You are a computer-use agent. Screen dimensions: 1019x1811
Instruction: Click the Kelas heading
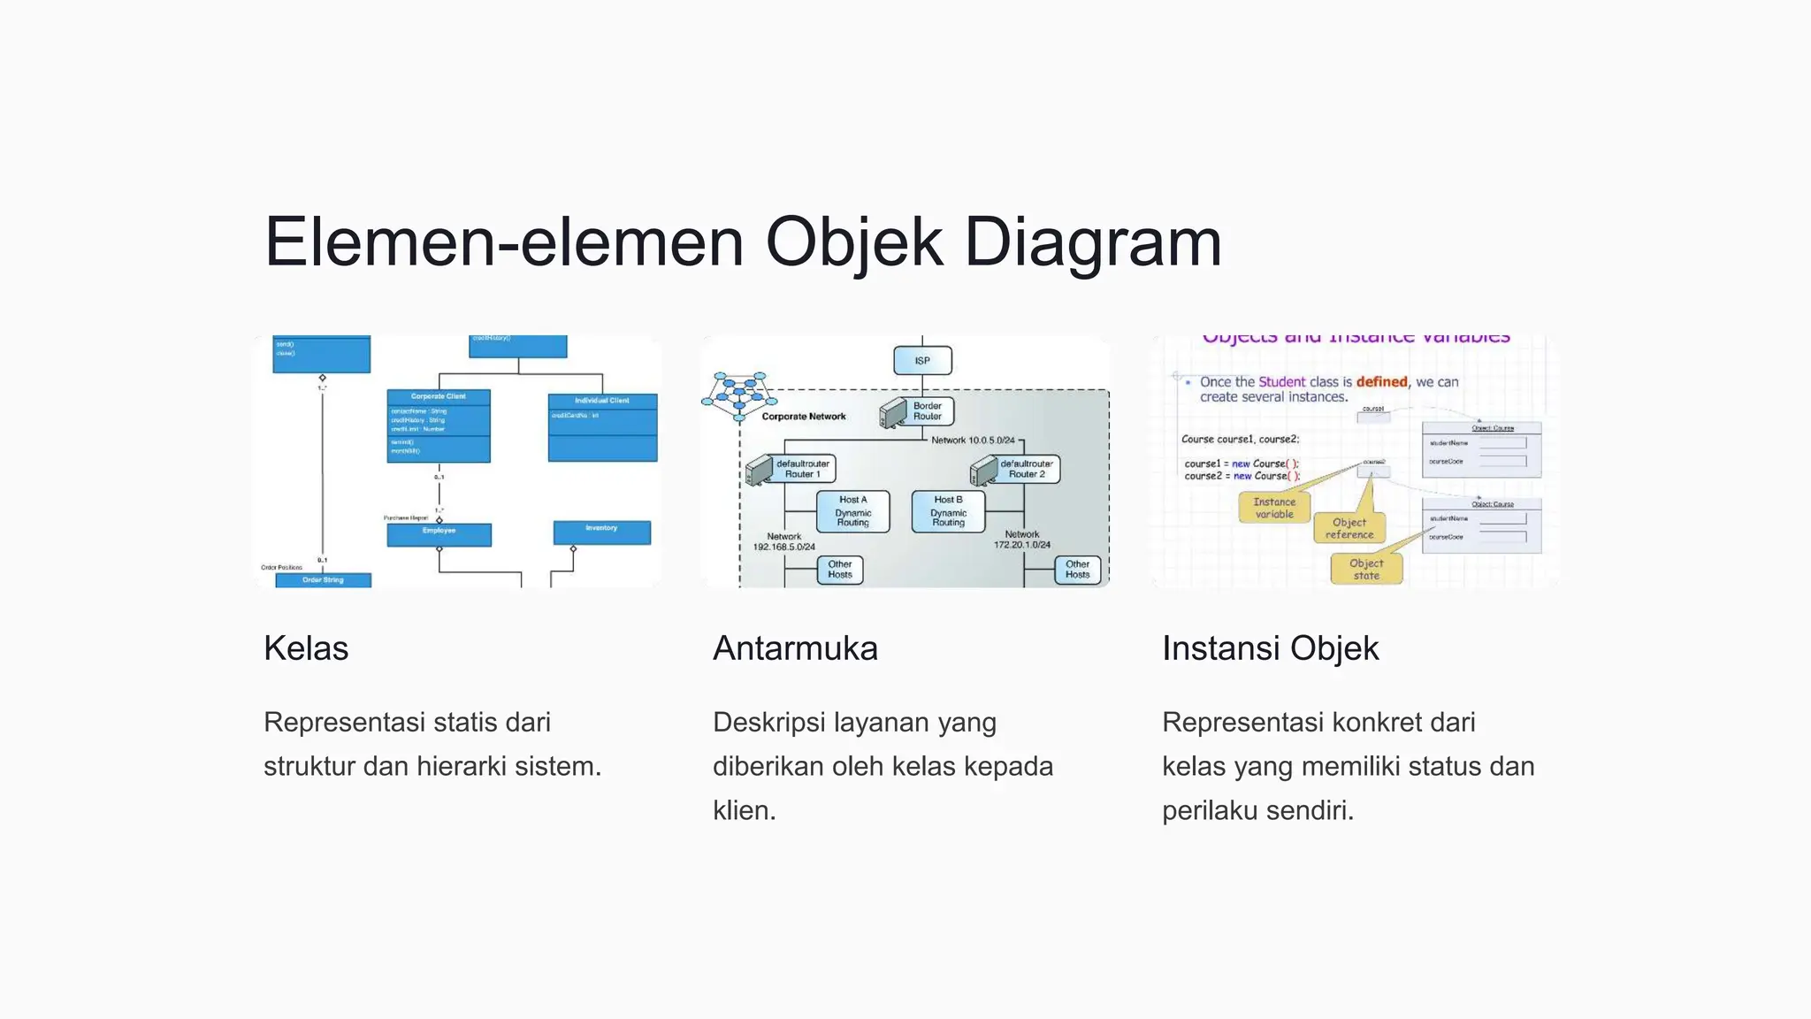tap(306, 648)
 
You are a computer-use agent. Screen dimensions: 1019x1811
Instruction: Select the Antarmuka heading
tap(795, 648)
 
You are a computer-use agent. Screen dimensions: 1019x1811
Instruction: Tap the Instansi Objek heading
tap(1270, 648)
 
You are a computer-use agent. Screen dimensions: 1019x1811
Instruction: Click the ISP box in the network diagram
tap(922, 361)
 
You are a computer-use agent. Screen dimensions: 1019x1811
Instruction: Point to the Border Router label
tap(927, 411)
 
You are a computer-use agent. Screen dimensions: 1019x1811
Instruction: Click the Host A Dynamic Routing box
tap(852, 511)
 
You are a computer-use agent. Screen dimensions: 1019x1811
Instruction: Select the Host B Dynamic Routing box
tap(948, 511)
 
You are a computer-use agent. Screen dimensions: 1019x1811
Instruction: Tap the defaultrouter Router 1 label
tap(803, 469)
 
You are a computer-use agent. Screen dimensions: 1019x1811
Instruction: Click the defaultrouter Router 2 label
tap(1027, 469)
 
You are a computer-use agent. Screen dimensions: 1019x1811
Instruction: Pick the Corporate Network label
tap(804, 417)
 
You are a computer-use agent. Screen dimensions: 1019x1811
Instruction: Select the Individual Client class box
tap(602, 427)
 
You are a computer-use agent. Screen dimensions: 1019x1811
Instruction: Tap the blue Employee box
tap(439, 534)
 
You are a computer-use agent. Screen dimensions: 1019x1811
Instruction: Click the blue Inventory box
tap(601, 532)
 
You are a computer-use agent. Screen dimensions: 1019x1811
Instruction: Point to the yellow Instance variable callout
tap(1274, 508)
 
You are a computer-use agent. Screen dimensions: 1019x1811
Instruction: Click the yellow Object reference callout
tap(1349, 528)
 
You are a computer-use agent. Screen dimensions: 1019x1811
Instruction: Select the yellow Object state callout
tap(1366, 569)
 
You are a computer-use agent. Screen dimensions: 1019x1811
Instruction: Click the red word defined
tap(1381, 382)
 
